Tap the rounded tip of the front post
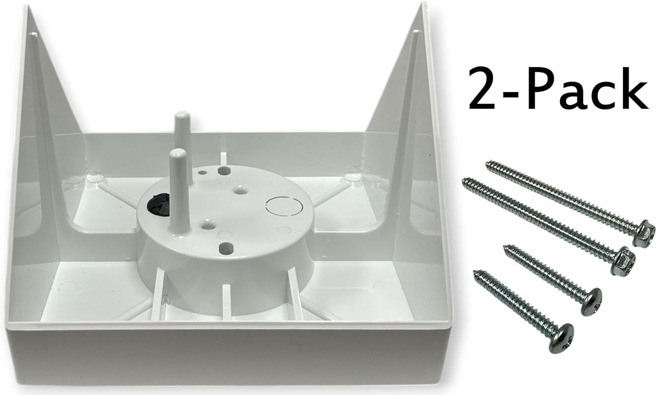(177, 154)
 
